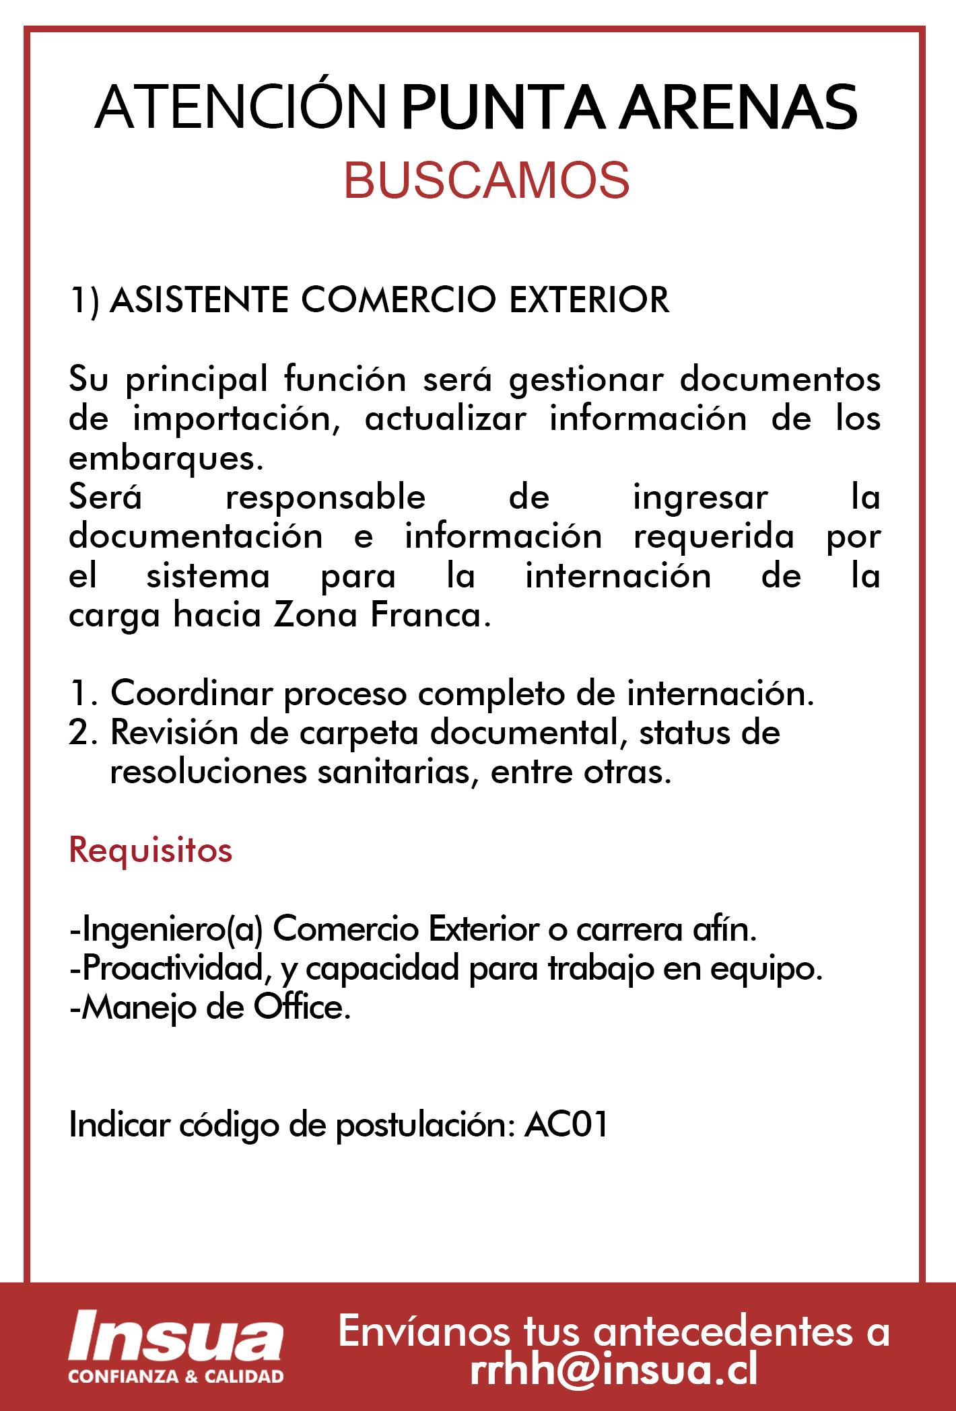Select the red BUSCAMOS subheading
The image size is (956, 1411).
click(x=487, y=180)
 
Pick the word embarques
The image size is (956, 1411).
click(x=164, y=459)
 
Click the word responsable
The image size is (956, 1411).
click(x=325, y=498)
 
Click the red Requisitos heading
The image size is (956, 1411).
click(x=151, y=851)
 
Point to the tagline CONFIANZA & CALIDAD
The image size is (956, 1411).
click(x=176, y=1375)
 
